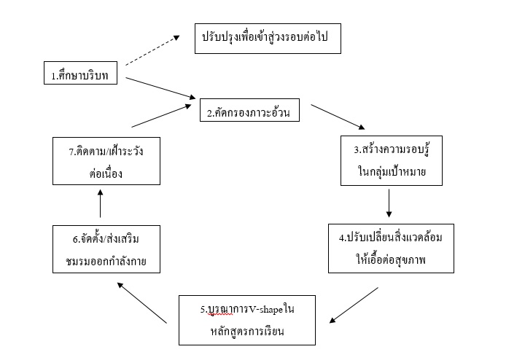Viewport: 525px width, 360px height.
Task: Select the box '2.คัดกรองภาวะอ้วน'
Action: click(x=250, y=111)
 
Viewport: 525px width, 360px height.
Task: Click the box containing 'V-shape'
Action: click(x=247, y=319)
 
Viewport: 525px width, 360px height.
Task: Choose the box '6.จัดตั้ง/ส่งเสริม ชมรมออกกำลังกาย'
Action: click(x=106, y=249)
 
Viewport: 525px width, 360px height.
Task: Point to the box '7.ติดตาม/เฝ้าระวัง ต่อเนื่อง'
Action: click(x=107, y=161)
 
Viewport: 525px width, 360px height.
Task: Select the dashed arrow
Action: click(x=153, y=51)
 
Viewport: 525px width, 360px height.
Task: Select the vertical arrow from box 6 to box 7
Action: click(x=100, y=204)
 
